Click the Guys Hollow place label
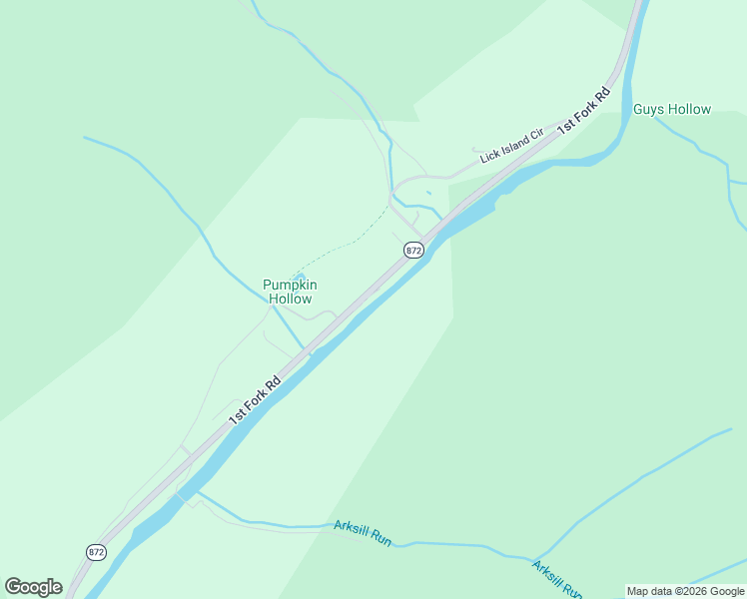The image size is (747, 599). coord(672,109)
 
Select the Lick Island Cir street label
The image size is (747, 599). coord(510,145)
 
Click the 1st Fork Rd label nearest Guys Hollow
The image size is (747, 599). coord(584,111)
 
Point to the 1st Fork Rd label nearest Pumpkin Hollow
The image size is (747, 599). coord(255,399)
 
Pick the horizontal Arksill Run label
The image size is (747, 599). coord(363,533)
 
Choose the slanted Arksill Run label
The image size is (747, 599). coord(556,580)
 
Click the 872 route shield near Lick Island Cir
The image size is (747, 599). coord(414,250)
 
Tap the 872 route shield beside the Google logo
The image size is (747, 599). coord(96,551)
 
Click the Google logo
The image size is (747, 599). coord(33,587)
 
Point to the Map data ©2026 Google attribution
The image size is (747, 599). coord(685,591)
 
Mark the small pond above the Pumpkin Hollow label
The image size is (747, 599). coord(299,278)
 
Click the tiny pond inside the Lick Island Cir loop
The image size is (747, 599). coord(428,193)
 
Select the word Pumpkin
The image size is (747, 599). coord(290,285)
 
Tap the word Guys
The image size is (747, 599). coord(648,109)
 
